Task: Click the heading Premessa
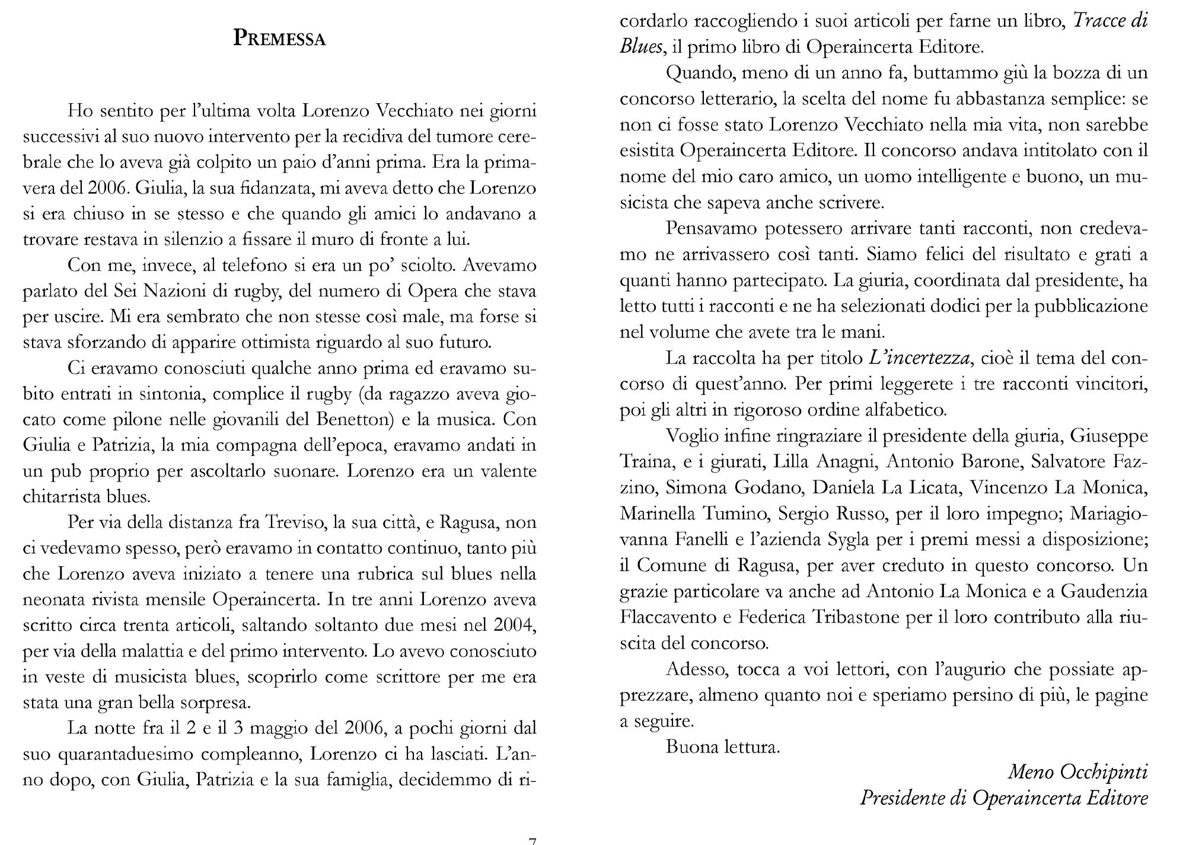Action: (x=279, y=38)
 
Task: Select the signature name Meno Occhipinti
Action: (x=1078, y=772)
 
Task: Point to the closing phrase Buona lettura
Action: (x=723, y=747)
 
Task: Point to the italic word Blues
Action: (x=640, y=47)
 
